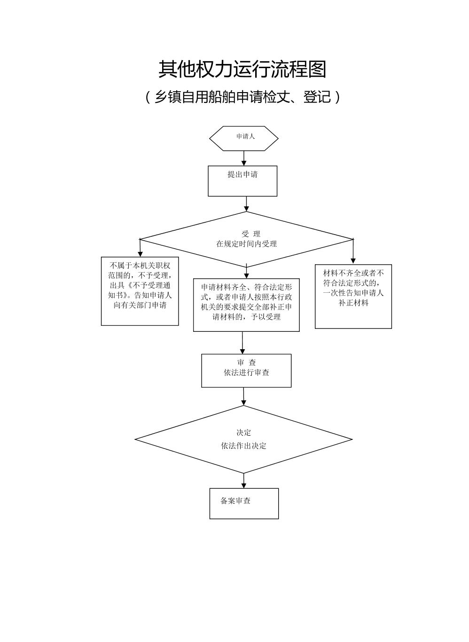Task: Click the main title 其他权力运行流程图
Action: (x=242, y=70)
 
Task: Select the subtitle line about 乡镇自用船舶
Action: (x=242, y=97)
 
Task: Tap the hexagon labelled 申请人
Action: (x=244, y=138)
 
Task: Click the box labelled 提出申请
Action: (x=242, y=180)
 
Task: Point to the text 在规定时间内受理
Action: (x=246, y=244)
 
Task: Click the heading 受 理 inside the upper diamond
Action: (x=250, y=234)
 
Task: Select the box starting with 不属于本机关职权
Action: (x=140, y=290)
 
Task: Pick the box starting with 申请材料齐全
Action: (x=246, y=305)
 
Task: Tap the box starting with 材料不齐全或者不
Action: (x=353, y=296)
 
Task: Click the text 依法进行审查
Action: (x=246, y=373)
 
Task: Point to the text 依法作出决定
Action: (x=244, y=446)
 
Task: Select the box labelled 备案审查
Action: (x=244, y=503)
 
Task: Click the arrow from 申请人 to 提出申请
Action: (x=244, y=158)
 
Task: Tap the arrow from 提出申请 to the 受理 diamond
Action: (x=246, y=204)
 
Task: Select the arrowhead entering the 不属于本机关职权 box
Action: (x=140, y=253)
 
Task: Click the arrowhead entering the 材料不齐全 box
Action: (x=353, y=260)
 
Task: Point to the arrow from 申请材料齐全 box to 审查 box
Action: (x=242, y=343)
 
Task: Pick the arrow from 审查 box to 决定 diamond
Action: (x=243, y=397)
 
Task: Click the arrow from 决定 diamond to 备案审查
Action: (x=244, y=481)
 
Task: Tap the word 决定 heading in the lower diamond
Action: (x=244, y=433)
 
